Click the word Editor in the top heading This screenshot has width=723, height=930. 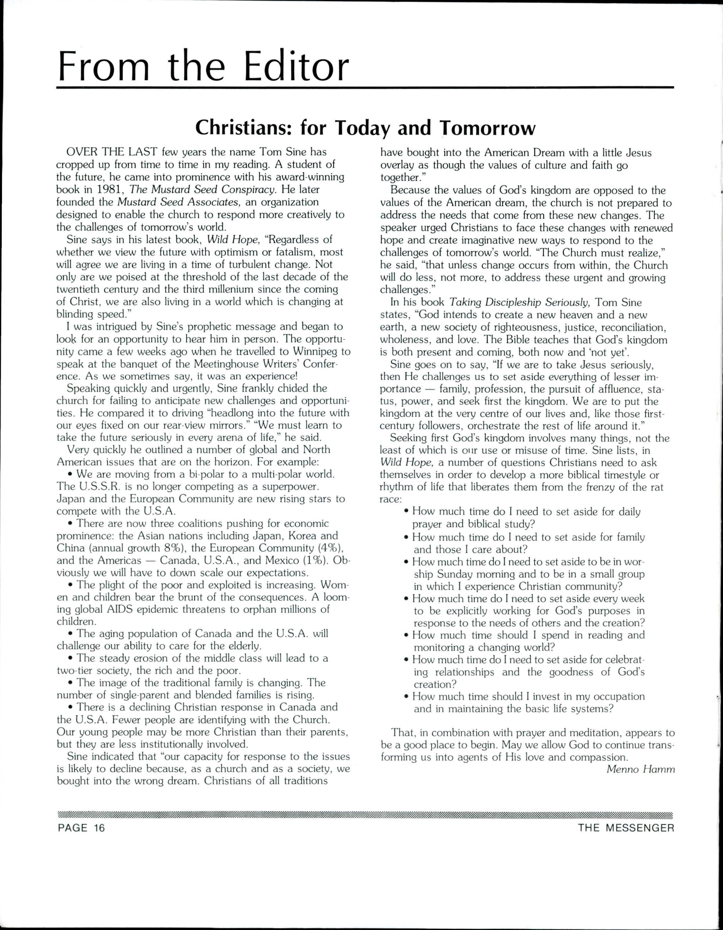[296, 67]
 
